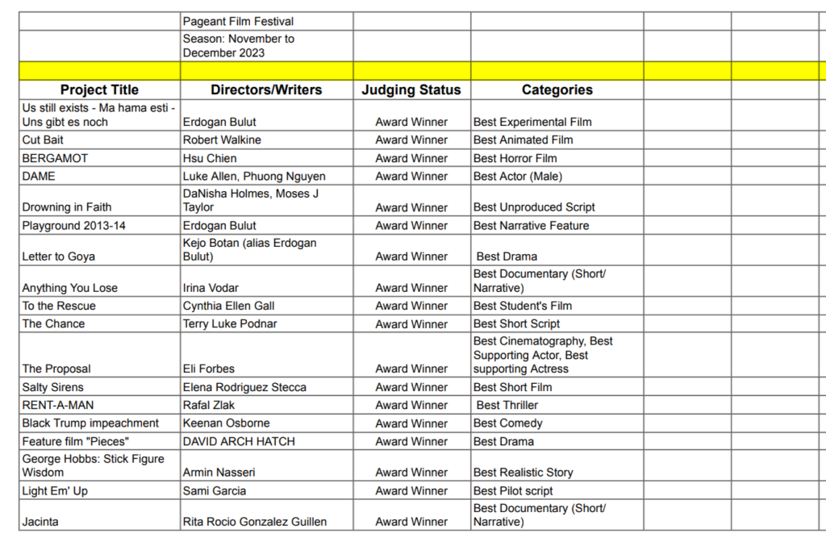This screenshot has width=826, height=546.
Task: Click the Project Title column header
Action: (x=99, y=90)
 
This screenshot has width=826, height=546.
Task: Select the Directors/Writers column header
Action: (x=266, y=90)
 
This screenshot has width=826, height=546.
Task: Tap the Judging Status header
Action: (x=411, y=90)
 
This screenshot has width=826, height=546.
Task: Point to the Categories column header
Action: (x=557, y=90)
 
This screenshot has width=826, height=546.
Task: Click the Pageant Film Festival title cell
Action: (x=238, y=22)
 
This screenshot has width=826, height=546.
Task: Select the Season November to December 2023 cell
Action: (x=238, y=46)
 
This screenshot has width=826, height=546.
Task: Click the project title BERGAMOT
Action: (x=55, y=158)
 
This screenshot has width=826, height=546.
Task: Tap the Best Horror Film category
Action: (x=515, y=158)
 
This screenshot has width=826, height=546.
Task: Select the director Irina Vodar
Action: (x=211, y=288)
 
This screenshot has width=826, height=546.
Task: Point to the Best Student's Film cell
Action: (x=523, y=306)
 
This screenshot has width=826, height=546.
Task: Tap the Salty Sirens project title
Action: (x=53, y=387)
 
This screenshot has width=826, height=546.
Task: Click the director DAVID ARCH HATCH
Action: (x=239, y=442)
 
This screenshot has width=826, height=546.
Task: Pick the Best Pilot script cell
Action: (x=513, y=491)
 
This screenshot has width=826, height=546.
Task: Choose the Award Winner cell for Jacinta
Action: (x=411, y=522)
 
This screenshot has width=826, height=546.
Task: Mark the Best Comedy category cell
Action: (x=508, y=423)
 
